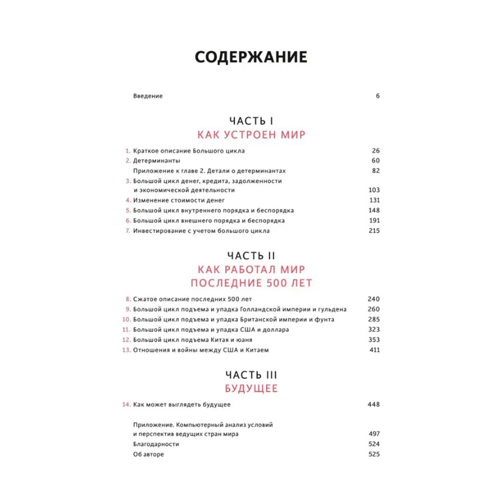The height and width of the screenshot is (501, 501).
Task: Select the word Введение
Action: point(148,96)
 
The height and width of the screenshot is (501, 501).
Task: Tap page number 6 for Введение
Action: point(378,96)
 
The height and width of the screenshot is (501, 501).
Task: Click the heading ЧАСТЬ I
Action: point(250,121)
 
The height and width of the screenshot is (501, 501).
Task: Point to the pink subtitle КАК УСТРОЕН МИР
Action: point(251,135)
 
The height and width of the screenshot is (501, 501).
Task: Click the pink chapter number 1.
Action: point(128,151)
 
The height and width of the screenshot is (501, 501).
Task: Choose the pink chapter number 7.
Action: point(128,231)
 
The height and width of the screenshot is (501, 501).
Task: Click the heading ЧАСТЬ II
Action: point(250,255)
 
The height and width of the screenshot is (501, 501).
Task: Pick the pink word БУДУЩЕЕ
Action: point(250,389)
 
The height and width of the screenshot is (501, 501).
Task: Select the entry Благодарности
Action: point(156,444)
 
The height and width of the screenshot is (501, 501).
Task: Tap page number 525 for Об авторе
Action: point(374,454)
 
